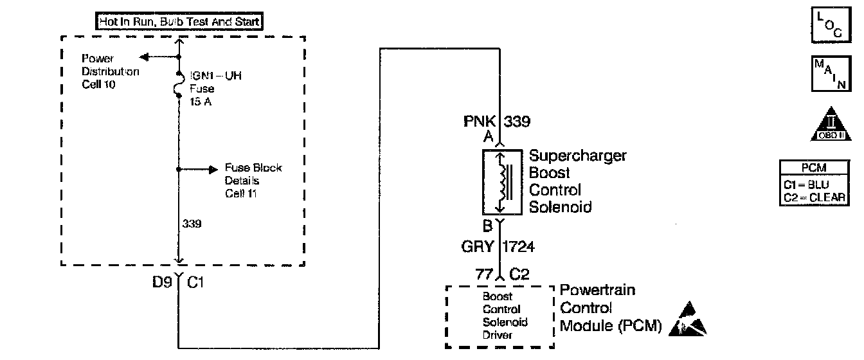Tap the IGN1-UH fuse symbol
click(x=177, y=87)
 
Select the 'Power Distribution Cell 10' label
click(x=109, y=71)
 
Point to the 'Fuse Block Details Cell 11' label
click(x=253, y=181)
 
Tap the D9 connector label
click(x=161, y=281)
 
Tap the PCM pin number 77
click(x=483, y=275)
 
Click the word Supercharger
click(x=577, y=156)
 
